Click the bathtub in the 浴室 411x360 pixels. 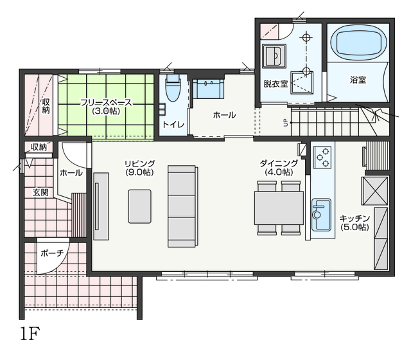[x=358, y=44]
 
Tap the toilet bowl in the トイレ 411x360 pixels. [x=173, y=88]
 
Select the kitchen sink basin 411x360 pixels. [x=321, y=214]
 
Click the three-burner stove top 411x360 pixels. [x=322, y=157]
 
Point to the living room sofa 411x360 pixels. [x=182, y=206]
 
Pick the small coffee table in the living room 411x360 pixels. [x=139, y=206]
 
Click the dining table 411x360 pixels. [x=279, y=208]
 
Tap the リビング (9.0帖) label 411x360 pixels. [x=140, y=168]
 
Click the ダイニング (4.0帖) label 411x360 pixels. [x=279, y=168]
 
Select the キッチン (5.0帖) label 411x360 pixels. [x=354, y=223]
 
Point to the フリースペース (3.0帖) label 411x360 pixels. [x=106, y=107]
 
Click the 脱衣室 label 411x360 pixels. [x=275, y=84]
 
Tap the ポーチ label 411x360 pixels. [x=52, y=253]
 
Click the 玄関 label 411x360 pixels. [x=40, y=193]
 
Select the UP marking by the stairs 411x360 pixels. [x=286, y=123]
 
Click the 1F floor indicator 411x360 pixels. [x=30, y=333]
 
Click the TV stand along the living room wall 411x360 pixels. [x=101, y=206]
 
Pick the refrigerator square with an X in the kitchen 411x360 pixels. [x=374, y=191]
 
